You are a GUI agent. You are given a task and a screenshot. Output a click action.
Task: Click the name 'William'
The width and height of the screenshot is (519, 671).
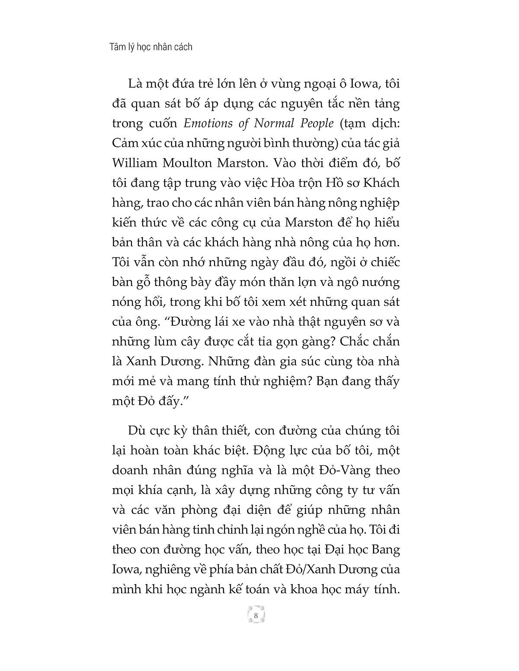tap(134, 163)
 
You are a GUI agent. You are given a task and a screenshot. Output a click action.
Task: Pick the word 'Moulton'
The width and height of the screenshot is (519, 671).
tap(186, 163)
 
